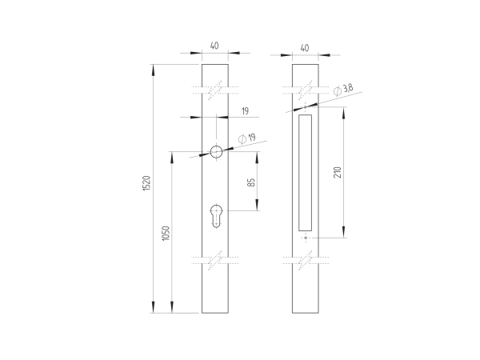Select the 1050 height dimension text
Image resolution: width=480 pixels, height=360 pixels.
[166, 233]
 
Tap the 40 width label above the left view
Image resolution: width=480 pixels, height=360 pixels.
[214, 46]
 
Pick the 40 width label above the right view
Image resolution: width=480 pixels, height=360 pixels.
[304, 47]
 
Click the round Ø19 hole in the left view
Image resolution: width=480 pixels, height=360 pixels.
[216, 152]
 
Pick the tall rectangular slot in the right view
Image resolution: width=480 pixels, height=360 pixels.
[304, 170]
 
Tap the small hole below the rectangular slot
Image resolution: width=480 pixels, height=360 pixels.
[304, 238]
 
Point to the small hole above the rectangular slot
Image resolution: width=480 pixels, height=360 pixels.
[304, 105]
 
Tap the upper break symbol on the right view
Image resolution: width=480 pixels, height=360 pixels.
[304, 90]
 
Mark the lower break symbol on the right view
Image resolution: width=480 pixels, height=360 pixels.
[304, 261]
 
